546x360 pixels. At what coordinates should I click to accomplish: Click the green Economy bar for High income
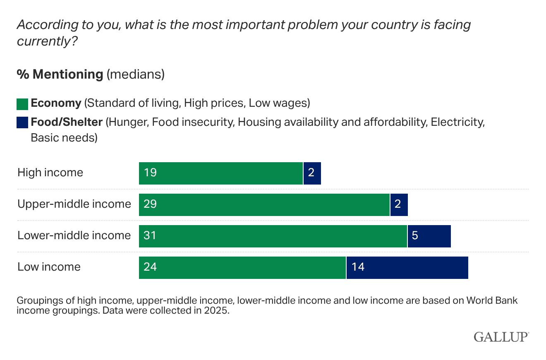coord(221,173)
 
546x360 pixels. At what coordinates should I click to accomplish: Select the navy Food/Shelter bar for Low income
coord(407,268)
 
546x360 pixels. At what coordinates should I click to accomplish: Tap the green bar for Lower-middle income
coord(273,236)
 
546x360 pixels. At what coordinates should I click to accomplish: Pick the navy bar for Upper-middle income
coord(399,205)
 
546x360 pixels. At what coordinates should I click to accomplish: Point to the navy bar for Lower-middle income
coord(429,236)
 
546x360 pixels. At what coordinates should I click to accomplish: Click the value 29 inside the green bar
coord(150,204)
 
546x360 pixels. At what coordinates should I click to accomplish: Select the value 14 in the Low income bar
coord(358,267)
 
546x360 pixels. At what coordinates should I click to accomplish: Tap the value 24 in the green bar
coord(150,267)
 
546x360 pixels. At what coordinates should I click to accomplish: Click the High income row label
coord(50,173)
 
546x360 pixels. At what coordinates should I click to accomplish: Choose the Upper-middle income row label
coord(74,204)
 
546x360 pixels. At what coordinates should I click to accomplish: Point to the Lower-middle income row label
coord(74,235)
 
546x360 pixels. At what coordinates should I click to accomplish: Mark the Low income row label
coord(49,267)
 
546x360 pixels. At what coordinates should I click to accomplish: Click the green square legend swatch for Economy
coord(22,104)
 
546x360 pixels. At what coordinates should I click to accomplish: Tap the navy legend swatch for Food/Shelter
coord(22,123)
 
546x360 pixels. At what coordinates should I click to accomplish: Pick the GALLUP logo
coord(501,337)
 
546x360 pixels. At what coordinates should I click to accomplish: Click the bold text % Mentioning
coord(60,74)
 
